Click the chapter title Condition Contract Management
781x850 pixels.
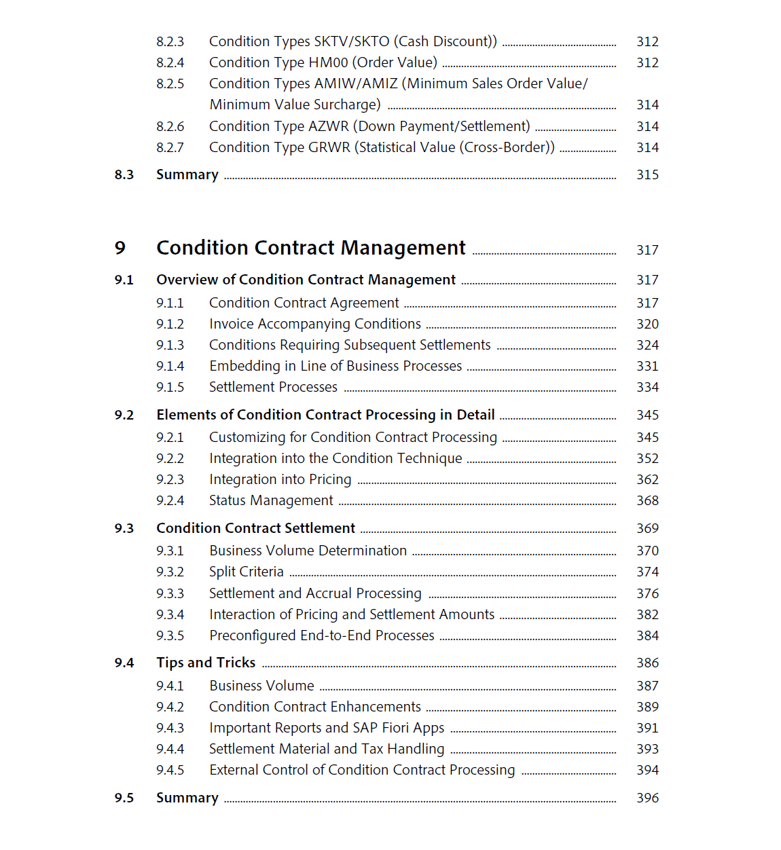311,248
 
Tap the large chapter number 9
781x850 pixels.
120,248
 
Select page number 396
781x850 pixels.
647,798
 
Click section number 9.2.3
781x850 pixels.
170,479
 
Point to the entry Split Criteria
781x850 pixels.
246,572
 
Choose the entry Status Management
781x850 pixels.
271,500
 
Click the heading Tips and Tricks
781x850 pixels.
206,663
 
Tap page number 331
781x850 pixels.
647,366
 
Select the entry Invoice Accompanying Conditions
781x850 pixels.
315,324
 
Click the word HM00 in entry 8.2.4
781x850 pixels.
328,62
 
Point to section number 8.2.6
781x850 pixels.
170,126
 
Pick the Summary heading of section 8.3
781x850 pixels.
187,174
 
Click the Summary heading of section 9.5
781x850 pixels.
187,798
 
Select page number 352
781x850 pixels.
647,458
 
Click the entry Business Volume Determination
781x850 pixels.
308,551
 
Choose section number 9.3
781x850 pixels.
124,528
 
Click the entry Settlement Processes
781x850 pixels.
273,387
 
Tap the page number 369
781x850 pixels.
647,528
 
